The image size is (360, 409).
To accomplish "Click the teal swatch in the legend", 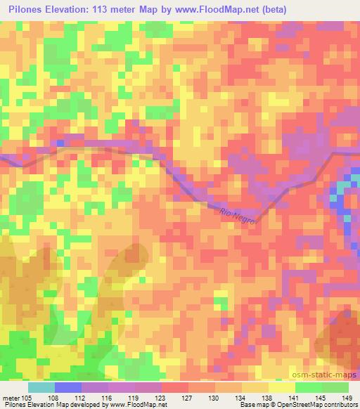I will point(41,387).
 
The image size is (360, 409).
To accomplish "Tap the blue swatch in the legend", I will point(67,387).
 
